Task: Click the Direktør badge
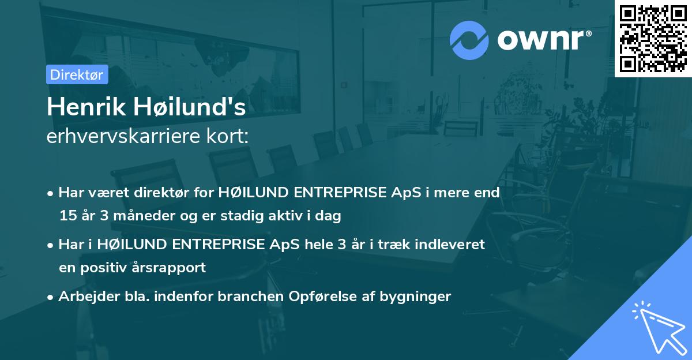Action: (x=76, y=74)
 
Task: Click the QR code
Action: (x=653, y=38)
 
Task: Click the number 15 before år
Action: (x=67, y=216)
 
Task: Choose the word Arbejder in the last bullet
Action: (x=84, y=297)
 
